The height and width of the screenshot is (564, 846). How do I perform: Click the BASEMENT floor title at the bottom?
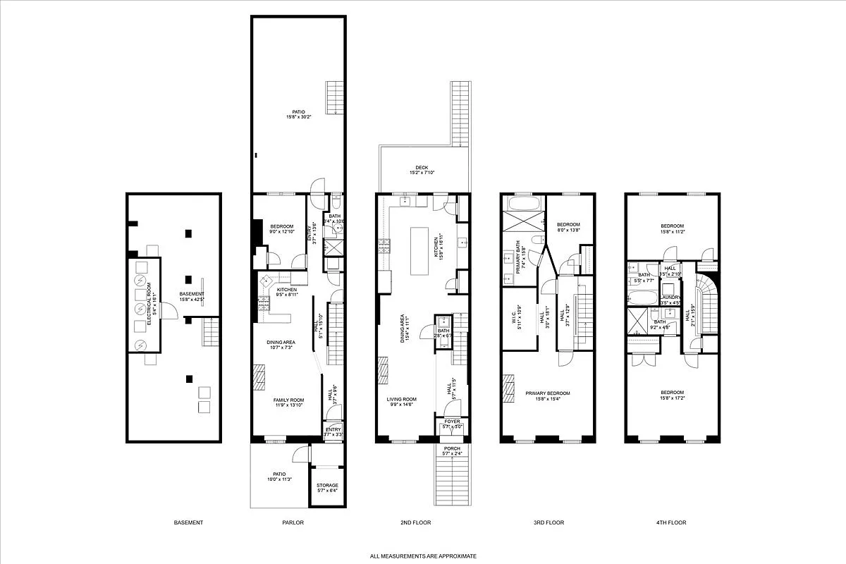coord(188,522)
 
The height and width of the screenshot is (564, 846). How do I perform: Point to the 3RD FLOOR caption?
coord(549,522)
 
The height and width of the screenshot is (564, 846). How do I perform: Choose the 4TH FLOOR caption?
coord(671,522)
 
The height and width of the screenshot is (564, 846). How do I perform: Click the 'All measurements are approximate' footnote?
coord(423,556)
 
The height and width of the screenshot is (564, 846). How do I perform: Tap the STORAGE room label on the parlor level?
coord(327,485)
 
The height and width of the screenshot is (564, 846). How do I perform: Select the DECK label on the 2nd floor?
coord(422,168)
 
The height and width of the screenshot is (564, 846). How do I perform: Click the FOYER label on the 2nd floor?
coord(452,422)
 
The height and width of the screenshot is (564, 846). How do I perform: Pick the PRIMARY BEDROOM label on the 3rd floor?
coord(547,393)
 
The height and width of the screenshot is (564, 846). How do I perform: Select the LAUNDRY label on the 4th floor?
coord(670,298)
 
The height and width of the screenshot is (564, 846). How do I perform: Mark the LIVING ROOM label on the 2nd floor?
coord(400,400)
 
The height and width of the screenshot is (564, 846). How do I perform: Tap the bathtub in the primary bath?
coord(522,204)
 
